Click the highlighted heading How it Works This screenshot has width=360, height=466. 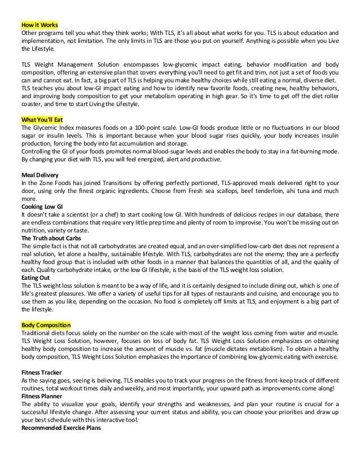pos(39,25)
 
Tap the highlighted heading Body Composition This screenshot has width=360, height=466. pos(46,326)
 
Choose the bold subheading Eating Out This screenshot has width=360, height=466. pos(36,278)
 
